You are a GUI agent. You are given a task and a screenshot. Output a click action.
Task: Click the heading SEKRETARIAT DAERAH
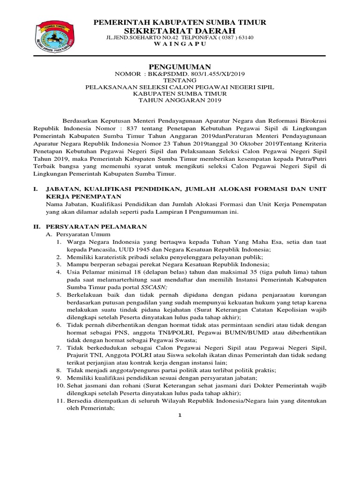click(180, 30)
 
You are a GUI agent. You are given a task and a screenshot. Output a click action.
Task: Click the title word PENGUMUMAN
click(180, 67)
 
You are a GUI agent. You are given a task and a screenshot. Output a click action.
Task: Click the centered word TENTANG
click(180, 80)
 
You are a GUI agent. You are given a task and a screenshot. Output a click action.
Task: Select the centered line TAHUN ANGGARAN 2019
click(180, 100)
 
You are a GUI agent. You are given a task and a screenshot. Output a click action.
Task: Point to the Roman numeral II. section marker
click(37, 226)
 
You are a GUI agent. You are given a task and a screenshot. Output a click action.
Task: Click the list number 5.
click(59, 295)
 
